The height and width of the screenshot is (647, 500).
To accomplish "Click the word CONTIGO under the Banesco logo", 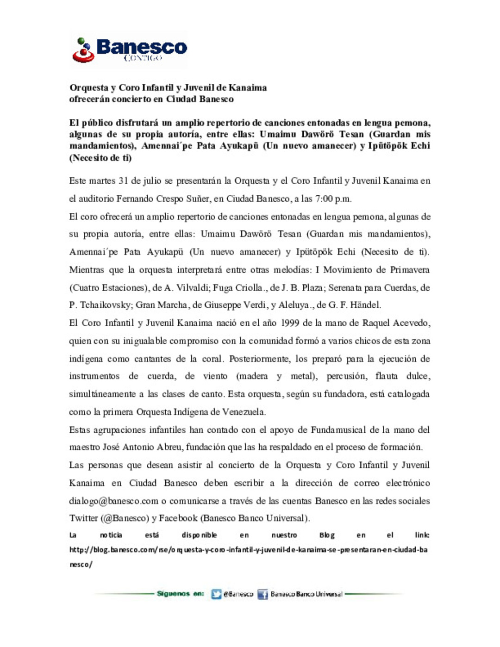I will [143, 58].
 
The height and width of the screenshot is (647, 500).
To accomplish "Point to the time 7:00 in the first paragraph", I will [324, 199].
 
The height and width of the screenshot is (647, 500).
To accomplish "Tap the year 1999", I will [290, 323].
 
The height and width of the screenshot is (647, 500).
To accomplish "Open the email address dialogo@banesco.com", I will [113, 501].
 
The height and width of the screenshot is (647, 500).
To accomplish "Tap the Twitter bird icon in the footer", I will [216, 594].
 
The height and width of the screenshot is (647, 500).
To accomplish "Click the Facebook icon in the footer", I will [262, 594].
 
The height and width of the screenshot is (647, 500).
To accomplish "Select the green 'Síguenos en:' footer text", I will [180, 594].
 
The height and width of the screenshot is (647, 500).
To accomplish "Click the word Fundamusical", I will [338, 430].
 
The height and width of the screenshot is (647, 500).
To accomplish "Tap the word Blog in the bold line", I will [327, 535].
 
